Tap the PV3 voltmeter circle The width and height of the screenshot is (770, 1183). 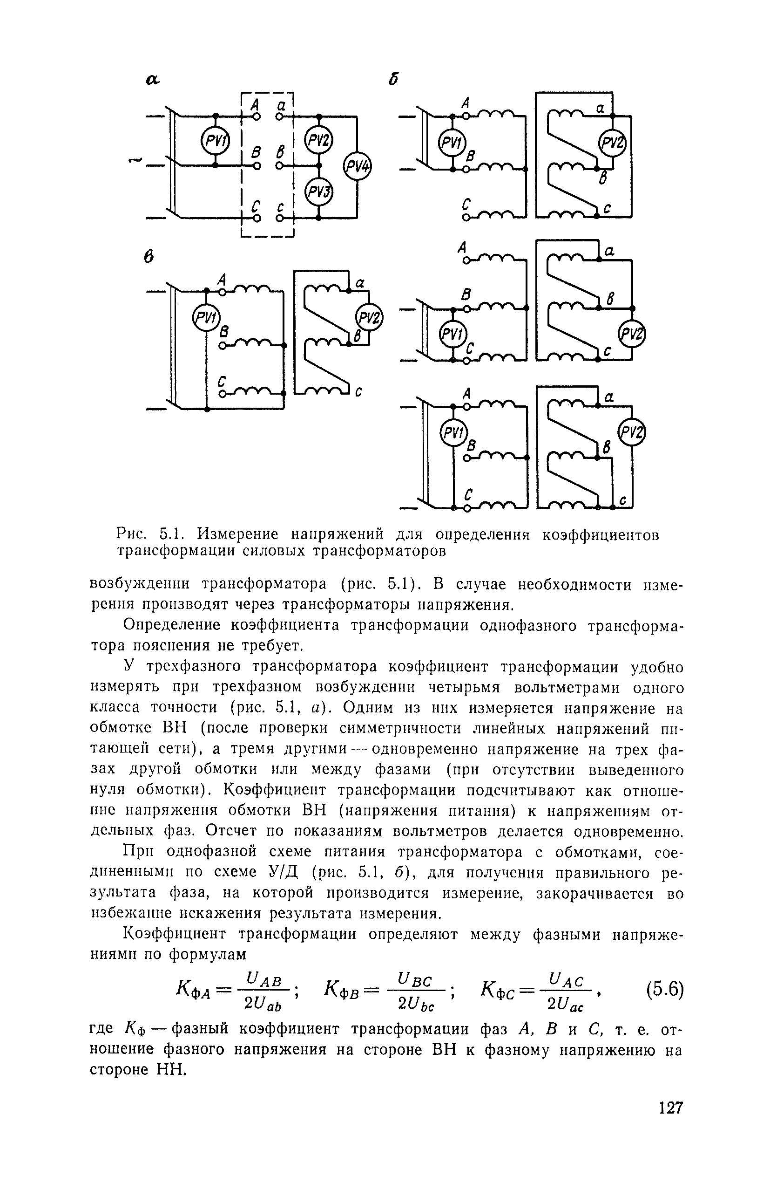(318, 192)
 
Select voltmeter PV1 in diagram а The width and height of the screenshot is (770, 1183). (215, 142)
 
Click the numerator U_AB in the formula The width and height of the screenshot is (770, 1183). (264, 980)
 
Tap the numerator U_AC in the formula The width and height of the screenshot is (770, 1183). (565, 980)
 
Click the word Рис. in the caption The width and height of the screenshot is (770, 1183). (132, 535)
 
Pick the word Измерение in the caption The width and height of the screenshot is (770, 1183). (237, 535)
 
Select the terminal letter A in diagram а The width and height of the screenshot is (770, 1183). (254, 104)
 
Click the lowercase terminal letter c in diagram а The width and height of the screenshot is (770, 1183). (281, 206)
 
